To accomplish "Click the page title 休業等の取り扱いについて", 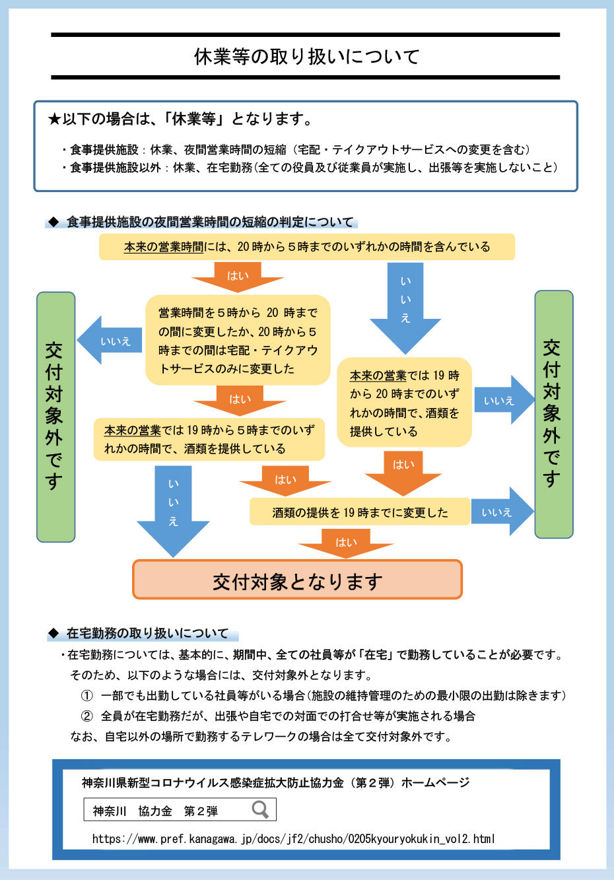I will (306, 57).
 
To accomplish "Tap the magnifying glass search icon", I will (260, 809).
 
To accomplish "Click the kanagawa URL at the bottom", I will (293, 839).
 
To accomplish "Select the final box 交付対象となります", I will (297, 580).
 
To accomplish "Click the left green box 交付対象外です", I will (55, 417).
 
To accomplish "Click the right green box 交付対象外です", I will (553, 414).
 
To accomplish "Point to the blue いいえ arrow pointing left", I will (110, 341).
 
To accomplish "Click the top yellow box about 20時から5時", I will (306, 247).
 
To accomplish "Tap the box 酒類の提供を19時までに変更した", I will (360, 512).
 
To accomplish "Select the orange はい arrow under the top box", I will (238, 276).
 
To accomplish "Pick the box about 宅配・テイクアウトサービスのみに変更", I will (238, 341).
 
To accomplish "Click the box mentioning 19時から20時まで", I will (404, 403).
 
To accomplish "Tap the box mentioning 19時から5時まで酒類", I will (209, 440).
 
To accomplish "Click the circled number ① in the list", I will (87, 696).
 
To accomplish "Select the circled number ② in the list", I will (87, 716).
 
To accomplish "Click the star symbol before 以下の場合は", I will (54, 119).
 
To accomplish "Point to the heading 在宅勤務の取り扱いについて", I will (147, 634).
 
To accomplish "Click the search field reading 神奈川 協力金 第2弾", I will (165, 811).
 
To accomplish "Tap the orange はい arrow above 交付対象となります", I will (346, 543).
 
